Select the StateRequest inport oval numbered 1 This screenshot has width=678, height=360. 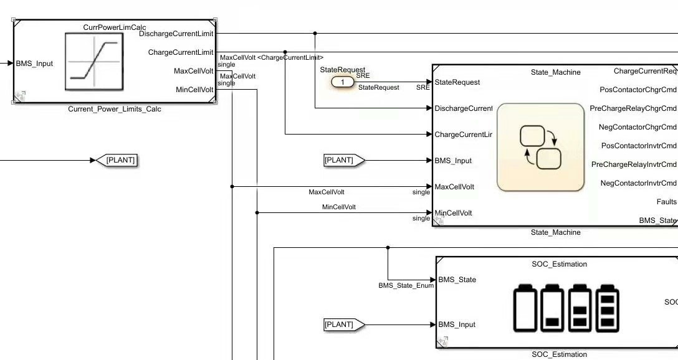342,82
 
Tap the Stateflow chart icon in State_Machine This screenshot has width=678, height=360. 540,147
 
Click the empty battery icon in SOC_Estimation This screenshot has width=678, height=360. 525,308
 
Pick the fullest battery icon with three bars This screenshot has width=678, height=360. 608,308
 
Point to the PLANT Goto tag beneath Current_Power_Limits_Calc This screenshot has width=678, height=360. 120,160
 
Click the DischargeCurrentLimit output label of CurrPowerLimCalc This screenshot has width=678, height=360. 176,34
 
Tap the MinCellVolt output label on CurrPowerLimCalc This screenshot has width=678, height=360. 194,90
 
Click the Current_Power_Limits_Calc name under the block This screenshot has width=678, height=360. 115,109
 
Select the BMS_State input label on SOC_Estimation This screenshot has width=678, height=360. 457,280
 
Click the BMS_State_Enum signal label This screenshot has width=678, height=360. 406,286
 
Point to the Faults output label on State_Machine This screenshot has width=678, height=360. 666,202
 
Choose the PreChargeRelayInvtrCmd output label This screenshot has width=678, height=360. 634,164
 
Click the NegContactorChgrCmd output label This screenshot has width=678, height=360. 637,127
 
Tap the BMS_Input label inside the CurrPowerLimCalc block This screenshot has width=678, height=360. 34,64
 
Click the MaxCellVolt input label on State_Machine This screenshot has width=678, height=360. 454,187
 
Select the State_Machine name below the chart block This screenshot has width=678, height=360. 555,232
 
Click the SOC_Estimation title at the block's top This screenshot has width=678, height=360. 559,264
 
